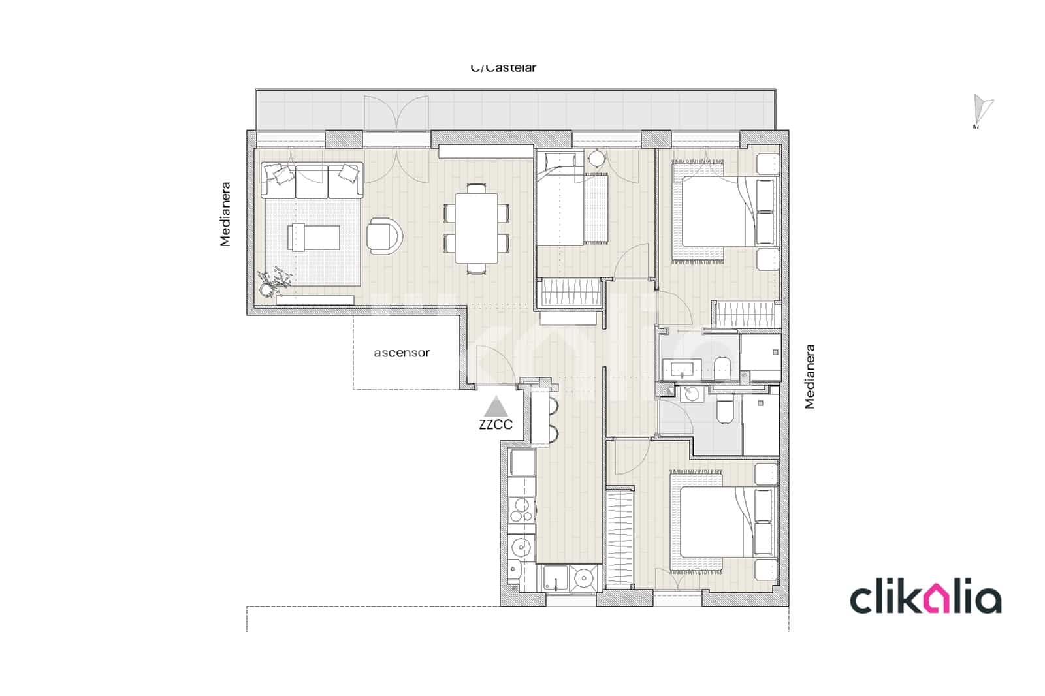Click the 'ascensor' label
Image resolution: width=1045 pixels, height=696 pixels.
pyautogui.click(x=402, y=353)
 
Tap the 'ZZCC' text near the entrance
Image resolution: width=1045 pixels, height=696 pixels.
pyautogui.click(x=496, y=424)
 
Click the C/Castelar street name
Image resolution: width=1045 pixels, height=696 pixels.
pyautogui.click(x=504, y=67)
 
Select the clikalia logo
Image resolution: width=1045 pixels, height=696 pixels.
pyautogui.click(x=925, y=599)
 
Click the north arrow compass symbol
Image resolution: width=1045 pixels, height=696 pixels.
pyautogui.click(x=982, y=110)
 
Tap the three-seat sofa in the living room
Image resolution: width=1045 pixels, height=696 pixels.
pyautogui.click(x=312, y=181)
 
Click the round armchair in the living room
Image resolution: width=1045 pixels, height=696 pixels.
pyautogui.click(x=385, y=235)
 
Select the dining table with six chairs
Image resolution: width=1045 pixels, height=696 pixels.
pyautogui.click(x=476, y=228)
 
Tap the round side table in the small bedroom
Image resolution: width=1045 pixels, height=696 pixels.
pyautogui.click(x=597, y=159)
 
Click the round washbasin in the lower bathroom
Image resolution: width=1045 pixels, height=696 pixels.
pyautogui.click(x=690, y=394)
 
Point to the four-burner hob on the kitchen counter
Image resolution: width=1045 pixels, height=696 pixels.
pyautogui.click(x=522, y=511)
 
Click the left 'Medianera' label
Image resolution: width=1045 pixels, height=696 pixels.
pyautogui.click(x=225, y=214)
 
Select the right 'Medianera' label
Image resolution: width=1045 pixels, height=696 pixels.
pyautogui.click(x=810, y=377)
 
